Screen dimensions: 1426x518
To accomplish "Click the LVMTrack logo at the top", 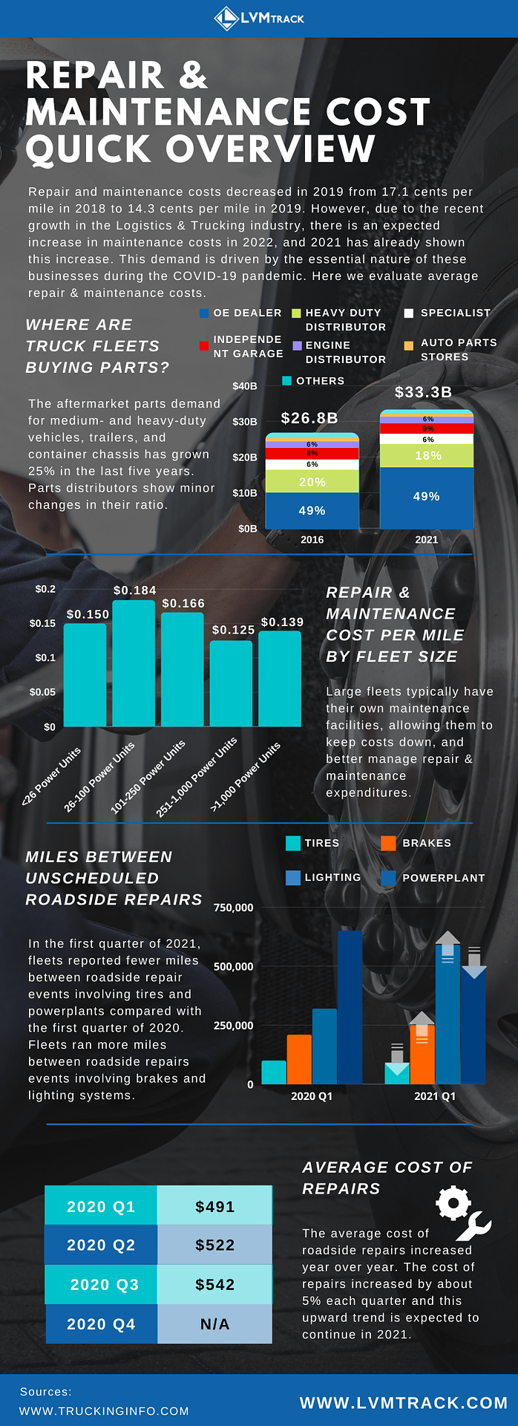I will pyautogui.click(x=259, y=18).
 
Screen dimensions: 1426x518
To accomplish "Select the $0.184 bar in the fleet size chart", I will pyautogui.click(x=134, y=662).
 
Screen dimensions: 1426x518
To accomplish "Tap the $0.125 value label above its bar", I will pyautogui.click(x=233, y=630).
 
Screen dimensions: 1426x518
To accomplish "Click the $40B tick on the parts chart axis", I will pyautogui.click(x=245, y=386).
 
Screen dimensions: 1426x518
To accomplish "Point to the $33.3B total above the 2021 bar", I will pyautogui.click(x=423, y=392).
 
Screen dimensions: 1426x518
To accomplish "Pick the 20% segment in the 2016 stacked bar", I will pyautogui.click(x=312, y=482).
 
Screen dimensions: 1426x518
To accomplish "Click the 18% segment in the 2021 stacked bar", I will pyautogui.click(x=427, y=455).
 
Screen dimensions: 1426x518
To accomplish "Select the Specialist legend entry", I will pyautogui.click(x=447, y=313).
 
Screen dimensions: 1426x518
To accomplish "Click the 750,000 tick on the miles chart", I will pyautogui.click(x=233, y=908).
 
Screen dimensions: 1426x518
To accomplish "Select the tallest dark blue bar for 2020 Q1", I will pyautogui.click(x=350, y=1006).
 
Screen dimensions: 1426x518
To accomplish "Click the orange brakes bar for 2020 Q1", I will pyautogui.click(x=299, y=1059).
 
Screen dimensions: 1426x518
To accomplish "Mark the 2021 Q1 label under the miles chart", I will pyautogui.click(x=435, y=1096).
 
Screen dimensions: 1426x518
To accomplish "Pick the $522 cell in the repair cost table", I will pyautogui.click(x=214, y=1246).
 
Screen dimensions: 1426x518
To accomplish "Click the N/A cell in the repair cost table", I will pyautogui.click(x=214, y=1324).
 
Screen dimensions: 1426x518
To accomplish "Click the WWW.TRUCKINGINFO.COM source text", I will pyautogui.click(x=104, y=1411).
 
